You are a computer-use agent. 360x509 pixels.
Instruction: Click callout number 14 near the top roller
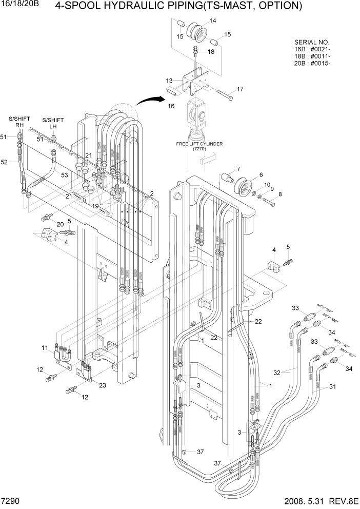[212, 21]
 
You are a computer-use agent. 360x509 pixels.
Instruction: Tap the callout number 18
[211, 52]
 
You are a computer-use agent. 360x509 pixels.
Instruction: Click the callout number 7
[238, 169]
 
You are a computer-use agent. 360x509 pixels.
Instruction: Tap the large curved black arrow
[154, 102]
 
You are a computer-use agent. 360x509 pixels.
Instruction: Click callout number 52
[4, 162]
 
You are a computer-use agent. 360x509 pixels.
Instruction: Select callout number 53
[64, 175]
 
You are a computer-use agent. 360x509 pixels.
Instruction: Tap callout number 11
[45, 348]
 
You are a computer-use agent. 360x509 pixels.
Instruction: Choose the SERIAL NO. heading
[312, 42]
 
